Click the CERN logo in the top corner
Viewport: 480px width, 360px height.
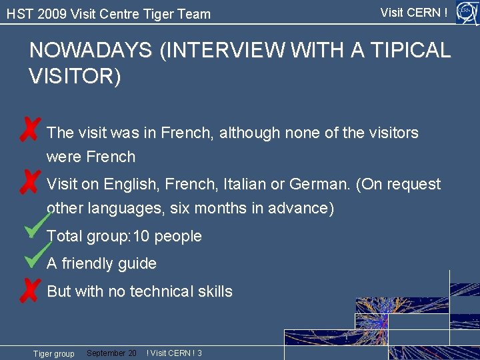click(466, 12)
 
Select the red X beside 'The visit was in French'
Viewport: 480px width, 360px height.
click(29, 129)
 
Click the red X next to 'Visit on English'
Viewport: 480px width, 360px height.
click(29, 181)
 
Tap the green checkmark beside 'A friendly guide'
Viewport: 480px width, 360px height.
click(37, 255)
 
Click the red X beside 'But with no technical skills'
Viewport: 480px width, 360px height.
click(29, 290)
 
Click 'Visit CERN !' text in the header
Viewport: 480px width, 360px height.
click(413, 13)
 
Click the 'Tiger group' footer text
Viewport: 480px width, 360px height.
click(54, 353)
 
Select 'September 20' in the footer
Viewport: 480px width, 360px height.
click(111, 353)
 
